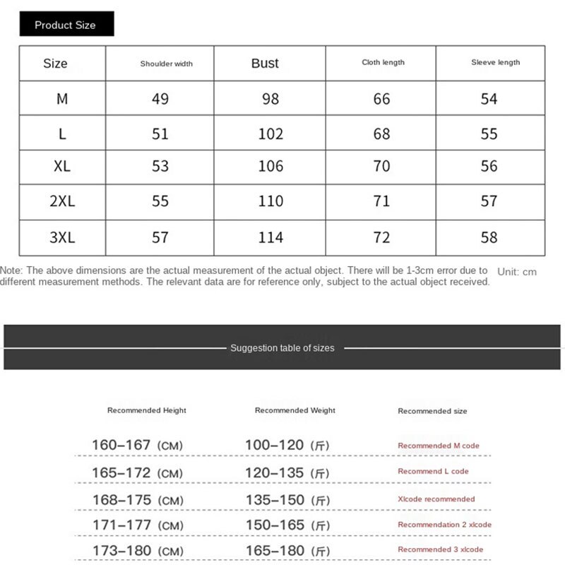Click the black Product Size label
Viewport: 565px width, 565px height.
point(65,25)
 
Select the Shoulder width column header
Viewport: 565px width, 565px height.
point(166,64)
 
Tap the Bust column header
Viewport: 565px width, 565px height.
point(265,63)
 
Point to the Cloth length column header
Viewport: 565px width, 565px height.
point(383,62)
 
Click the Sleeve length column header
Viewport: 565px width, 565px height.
point(495,62)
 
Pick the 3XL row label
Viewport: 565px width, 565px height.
point(62,237)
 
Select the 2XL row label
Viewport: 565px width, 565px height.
point(62,201)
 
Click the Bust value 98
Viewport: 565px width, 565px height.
point(270,99)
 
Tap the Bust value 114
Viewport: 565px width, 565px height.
point(270,237)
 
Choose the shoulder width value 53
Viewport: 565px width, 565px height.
point(160,167)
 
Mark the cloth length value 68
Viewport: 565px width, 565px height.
point(381,133)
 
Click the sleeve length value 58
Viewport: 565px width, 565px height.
point(489,237)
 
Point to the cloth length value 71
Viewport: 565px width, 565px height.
point(381,201)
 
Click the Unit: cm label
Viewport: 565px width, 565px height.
point(517,271)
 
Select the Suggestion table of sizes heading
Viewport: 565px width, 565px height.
point(282,348)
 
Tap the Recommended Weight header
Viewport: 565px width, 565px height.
point(295,410)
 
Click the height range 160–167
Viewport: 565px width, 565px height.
point(121,445)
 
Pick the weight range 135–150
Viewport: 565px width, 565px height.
point(275,500)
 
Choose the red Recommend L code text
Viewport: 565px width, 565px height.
point(433,471)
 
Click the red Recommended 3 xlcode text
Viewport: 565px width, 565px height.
point(440,549)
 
